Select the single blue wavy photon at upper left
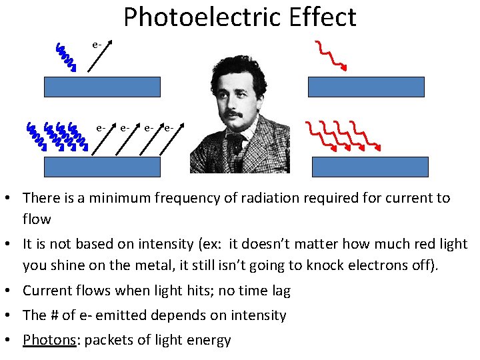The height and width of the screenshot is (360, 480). [x=65, y=57]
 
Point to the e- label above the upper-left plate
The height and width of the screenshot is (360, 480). [x=97, y=45]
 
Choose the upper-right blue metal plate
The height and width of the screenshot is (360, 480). [x=365, y=87]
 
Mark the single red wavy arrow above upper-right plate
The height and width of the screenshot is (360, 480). [x=331, y=55]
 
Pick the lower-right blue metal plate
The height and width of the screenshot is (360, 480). [x=370, y=167]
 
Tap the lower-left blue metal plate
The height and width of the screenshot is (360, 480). [x=102, y=167]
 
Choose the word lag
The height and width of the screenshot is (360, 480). [x=279, y=291]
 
